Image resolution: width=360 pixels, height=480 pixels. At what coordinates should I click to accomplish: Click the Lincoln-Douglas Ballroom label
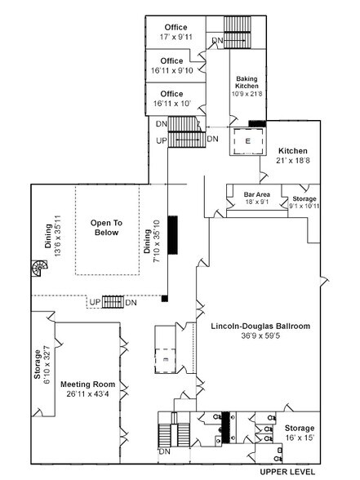(260, 327)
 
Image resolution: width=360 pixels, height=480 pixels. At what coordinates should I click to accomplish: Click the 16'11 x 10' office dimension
(171, 104)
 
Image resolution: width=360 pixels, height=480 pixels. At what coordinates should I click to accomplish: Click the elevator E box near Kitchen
(247, 140)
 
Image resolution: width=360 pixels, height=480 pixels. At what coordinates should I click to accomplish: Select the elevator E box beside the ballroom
(165, 358)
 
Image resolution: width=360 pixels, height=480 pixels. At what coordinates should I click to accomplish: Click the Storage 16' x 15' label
(298, 433)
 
